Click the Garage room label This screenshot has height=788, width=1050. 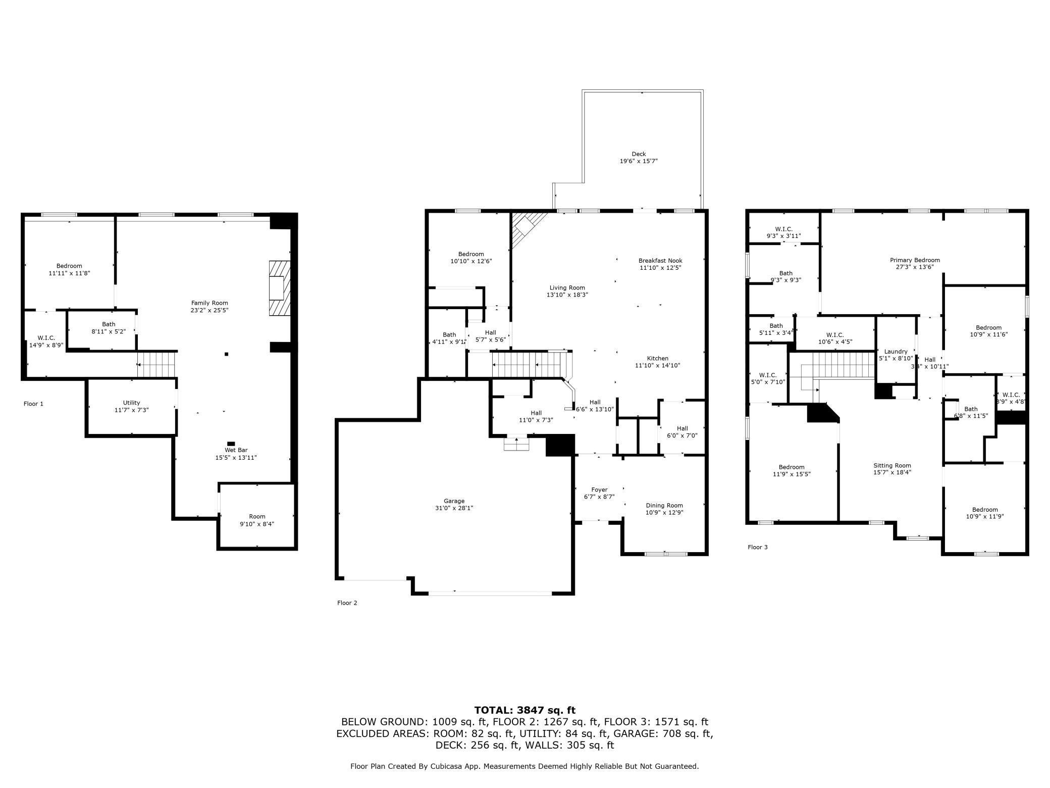click(454, 501)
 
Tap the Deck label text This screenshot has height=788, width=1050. click(639, 154)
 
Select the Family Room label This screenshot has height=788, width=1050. click(209, 303)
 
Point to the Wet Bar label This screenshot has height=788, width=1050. click(236, 450)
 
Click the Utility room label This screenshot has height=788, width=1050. click(131, 403)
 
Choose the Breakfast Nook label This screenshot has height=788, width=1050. click(660, 261)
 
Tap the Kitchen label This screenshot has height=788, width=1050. click(658, 358)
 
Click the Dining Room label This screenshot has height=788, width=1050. click(664, 505)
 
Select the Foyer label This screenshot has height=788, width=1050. click(599, 489)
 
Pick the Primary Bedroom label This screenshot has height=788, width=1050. click(915, 260)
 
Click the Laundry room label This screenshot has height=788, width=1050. click(896, 352)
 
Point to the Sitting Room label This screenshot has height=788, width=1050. click(892, 466)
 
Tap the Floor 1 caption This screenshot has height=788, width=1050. click(33, 404)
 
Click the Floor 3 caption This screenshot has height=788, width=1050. click(758, 547)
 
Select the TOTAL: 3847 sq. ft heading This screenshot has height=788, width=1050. click(525, 710)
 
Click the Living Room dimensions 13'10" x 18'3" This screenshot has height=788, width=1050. click(567, 294)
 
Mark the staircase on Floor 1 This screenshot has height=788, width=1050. click(156, 364)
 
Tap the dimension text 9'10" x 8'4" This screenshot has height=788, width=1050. click(257, 524)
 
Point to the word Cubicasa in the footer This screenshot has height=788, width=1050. click(445, 766)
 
